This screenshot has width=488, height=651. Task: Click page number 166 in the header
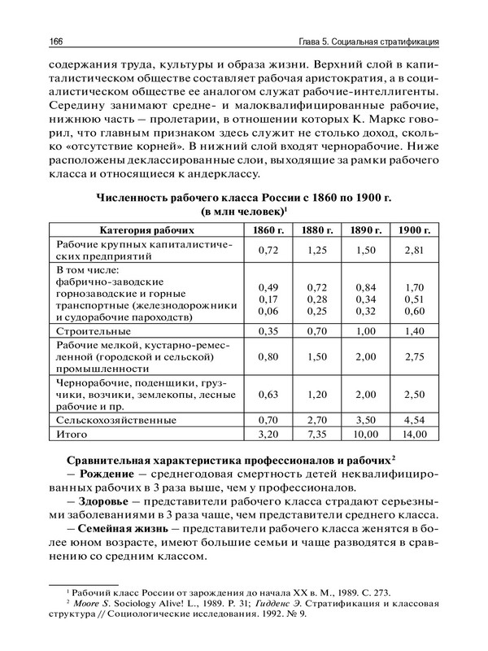pos(59,42)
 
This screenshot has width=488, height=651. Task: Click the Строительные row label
pos(93,332)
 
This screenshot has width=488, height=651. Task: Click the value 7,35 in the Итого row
pos(317,435)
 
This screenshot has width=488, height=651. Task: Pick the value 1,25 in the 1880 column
pos(317,251)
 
